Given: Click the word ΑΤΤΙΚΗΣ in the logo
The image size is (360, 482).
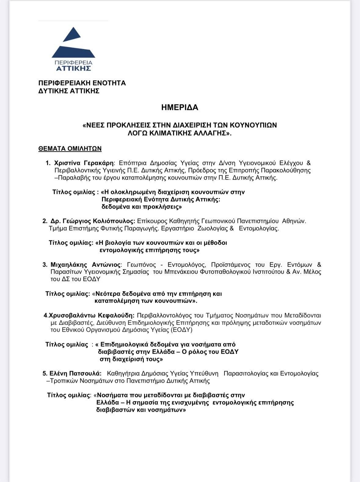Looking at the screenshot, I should click(x=74, y=68).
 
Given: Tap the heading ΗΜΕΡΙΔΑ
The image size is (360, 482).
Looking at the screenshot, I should click(x=180, y=108).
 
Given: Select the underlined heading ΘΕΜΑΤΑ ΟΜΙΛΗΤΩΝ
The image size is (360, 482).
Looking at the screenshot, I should click(x=70, y=149).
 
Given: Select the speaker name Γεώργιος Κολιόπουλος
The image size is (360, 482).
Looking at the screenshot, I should click(x=99, y=221).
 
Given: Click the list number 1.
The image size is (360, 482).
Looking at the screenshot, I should click(x=48, y=163).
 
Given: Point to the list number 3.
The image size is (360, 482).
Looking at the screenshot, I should click(x=45, y=265).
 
